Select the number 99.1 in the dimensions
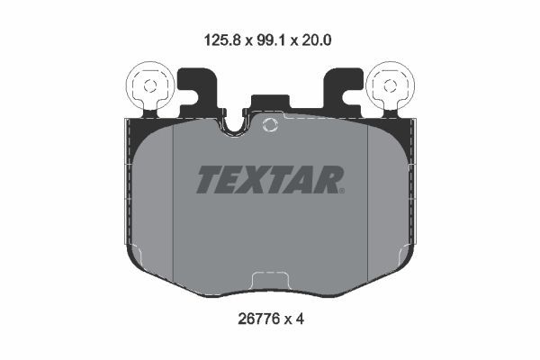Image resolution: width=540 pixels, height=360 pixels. click(x=269, y=40)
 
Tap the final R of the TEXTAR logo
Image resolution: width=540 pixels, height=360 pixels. click(x=326, y=181)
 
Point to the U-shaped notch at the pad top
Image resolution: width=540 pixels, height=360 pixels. click(x=236, y=126)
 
